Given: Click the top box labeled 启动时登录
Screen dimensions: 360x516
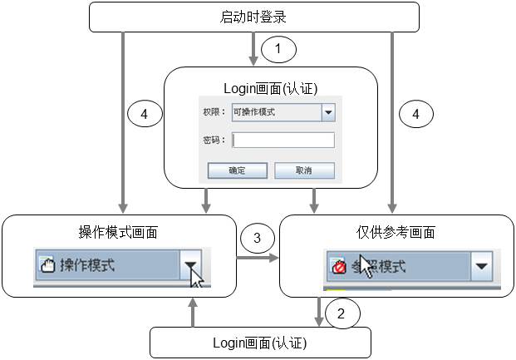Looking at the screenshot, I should [254, 16].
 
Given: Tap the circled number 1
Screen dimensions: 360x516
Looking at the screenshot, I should [278, 50].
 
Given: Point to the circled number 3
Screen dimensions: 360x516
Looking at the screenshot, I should [257, 239].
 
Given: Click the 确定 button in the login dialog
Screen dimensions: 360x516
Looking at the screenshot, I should [237, 170].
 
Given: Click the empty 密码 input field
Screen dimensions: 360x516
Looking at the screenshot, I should [283, 140].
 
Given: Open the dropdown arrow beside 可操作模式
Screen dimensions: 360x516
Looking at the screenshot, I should [327, 112].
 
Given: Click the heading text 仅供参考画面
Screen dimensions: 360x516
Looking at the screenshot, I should [390, 232].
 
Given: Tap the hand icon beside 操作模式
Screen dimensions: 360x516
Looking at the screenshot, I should [47, 266].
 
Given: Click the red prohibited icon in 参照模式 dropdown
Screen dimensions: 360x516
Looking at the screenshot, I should [338, 267].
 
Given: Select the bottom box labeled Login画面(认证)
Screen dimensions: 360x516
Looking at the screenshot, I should [260, 342].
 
